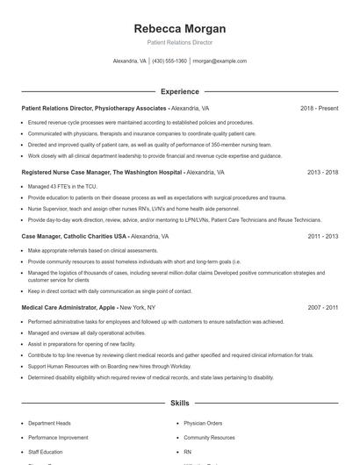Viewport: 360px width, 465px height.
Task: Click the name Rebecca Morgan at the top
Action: pyautogui.click(x=180, y=28)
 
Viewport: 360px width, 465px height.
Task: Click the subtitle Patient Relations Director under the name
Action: pyautogui.click(x=180, y=42)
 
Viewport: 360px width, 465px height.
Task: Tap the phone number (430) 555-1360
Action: pyautogui.click(x=169, y=61)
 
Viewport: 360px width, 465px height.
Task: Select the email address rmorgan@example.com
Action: pyautogui.click(x=220, y=61)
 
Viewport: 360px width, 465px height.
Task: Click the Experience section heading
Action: pyautogui.click(x=180, y=91)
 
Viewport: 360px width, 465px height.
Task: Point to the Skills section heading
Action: pyautogui.click(x=180, y=403)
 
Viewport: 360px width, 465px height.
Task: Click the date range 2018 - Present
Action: pyautogui.click(x=319, y=108)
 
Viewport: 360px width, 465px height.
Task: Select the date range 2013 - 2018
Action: pyautogui.click(x=322, y=173)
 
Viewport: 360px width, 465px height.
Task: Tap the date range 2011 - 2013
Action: pyautogui.click(x=322, y=237)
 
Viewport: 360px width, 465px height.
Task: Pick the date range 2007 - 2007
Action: pyautogui.click(x=322, y=308)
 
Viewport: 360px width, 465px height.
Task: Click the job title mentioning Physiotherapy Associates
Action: pyautogui.click(x=114, y=108)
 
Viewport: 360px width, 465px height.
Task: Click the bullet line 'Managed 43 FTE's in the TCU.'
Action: pyautogui.click(x=63, y=187)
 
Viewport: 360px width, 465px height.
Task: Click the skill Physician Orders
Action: pyautogui.click(x=204, y=424)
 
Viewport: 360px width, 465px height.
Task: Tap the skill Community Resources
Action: pyautogui.click(x=209, y=437)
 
